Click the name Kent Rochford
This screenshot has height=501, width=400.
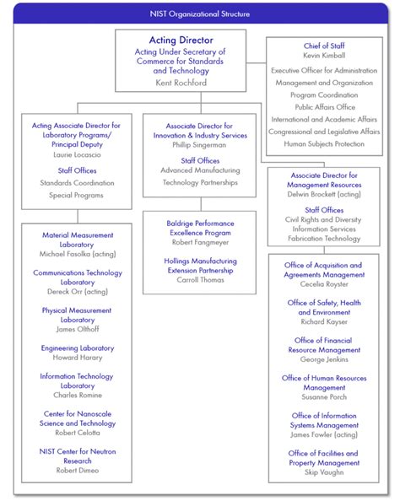[x=180, y=83]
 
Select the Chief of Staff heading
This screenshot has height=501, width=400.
[x=324, y=46]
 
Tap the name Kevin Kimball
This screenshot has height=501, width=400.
[x=324, y=57]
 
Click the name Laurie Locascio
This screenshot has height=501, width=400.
[x=76, y=155]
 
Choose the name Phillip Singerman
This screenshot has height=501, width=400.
[x=200, y=145]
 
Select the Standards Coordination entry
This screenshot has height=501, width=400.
[x=77, y=181]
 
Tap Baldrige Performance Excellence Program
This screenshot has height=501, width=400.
[x=200, y=229]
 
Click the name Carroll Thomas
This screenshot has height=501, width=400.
[x=200, y=279]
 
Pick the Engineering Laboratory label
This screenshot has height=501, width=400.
[x=77, y=347]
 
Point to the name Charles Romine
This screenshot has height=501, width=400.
[x=77, y=395]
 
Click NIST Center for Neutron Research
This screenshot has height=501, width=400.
[x=77, y=456]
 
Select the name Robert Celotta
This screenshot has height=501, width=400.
[x=77, y=433]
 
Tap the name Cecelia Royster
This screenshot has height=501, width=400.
[x=324, y=284]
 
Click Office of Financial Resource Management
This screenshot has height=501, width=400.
[x=324, y=345]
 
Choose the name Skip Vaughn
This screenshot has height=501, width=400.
[x=324, y=472]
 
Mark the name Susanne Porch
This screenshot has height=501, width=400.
[x=324, y=397]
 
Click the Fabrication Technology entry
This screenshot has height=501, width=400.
[x=324, y=239]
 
